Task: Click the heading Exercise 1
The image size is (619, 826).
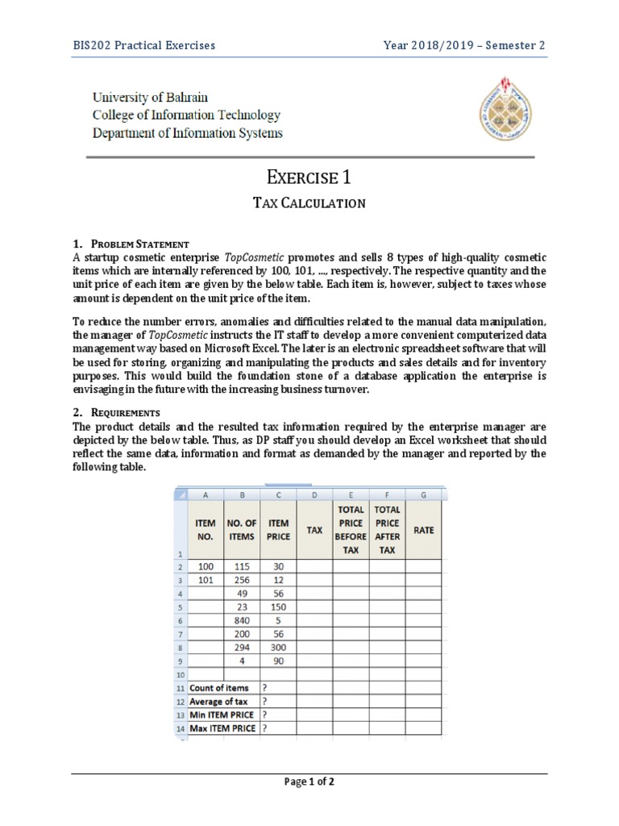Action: (309, 177)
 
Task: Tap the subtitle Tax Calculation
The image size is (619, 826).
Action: (309, 203)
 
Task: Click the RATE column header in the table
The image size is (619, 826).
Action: (423, 530)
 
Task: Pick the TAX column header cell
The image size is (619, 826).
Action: (315, 530)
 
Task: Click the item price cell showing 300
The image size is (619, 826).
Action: (279, 647)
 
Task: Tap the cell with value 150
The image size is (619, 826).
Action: (279, 607)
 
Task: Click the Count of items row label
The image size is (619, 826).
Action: (219, 688)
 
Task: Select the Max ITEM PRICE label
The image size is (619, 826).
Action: (222, 728)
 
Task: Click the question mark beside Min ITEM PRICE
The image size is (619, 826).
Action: (265, 715)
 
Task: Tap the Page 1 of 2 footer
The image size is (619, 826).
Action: (309, 782)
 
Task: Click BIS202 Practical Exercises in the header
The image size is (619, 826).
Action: (144, 45)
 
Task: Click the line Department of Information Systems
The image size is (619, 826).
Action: (187, 133)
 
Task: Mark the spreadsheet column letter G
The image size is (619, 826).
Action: (423, 494)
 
